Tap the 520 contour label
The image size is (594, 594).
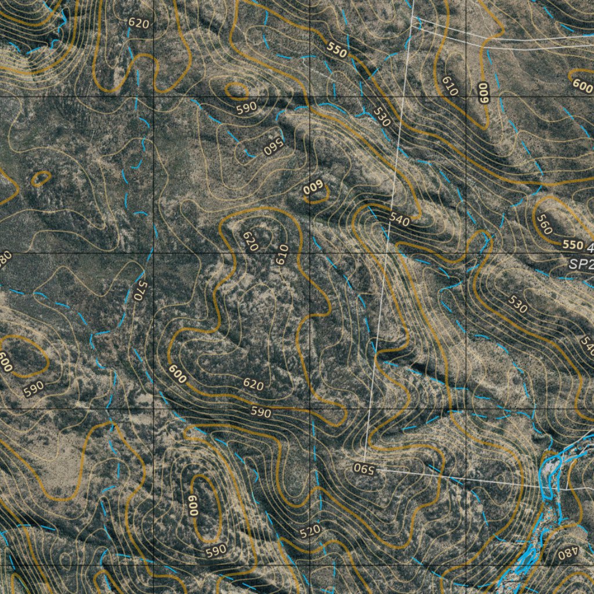click(310, 531)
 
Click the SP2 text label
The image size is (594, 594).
click(582, 264)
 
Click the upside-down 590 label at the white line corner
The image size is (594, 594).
click(365, 469)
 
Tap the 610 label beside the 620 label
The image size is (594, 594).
click(282, 255)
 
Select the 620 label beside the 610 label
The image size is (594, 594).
click(250, 241)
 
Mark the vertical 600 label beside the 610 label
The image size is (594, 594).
click(484, 93)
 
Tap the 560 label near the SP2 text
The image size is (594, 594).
click(544, 224)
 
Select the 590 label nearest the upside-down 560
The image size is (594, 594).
click(247, 108)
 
